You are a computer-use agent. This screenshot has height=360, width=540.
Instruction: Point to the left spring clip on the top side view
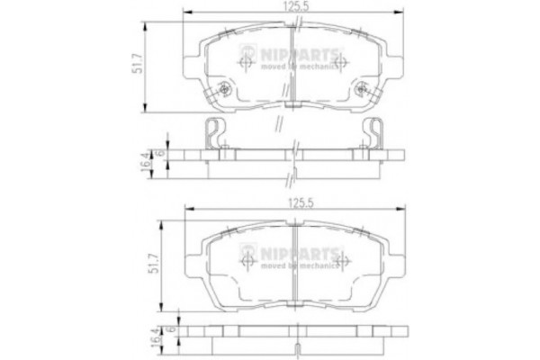click(211, 135)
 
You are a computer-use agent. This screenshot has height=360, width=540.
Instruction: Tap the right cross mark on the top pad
click(341, 65)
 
